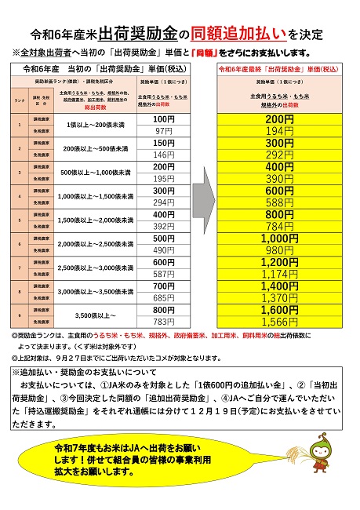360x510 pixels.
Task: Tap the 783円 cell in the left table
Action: pyautogui.click(x=164, y=322)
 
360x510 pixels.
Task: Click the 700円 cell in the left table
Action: pyautogui.click(x=164, y=286)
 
